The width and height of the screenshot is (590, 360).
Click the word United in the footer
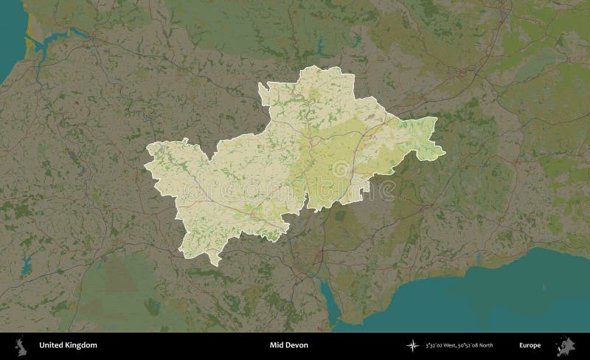click(52, 345)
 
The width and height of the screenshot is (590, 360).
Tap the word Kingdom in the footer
click(80, 345)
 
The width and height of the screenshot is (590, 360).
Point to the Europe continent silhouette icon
click(568, 345)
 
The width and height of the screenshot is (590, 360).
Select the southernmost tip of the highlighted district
click(211, 263)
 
